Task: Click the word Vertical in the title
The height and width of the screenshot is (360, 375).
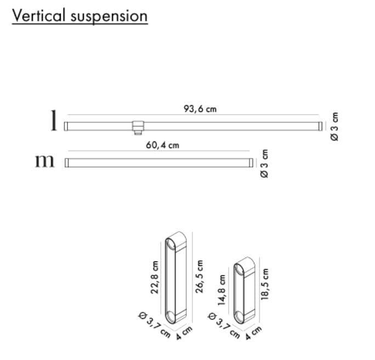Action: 38,15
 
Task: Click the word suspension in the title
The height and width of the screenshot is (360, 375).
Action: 109,17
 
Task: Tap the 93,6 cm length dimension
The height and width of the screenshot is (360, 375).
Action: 200,109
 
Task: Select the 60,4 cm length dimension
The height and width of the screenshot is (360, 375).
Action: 162,145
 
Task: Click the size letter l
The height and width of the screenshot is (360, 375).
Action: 54,120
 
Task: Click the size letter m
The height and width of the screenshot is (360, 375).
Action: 45,161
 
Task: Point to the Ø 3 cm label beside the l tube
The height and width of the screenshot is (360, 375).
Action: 334,127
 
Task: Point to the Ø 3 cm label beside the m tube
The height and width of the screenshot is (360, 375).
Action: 264,163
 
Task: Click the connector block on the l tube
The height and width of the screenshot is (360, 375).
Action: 138,128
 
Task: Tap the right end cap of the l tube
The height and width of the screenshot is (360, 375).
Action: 320,126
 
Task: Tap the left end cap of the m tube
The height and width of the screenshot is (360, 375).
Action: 67,163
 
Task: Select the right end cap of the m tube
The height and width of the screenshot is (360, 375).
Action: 251,163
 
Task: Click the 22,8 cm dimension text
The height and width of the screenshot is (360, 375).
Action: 155,277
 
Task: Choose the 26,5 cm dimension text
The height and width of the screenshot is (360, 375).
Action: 199,277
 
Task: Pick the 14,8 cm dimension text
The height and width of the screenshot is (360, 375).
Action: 221,290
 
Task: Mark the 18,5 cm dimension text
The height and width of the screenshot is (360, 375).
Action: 265,284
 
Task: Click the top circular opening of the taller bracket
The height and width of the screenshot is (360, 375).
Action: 171,244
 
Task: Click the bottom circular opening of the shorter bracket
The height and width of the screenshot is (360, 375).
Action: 238,317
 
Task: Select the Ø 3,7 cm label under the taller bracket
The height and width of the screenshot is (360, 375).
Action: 155,324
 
